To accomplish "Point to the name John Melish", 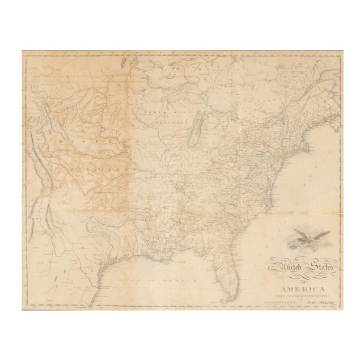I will [x=317, y=303].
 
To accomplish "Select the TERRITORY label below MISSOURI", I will [x=108, y=168].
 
